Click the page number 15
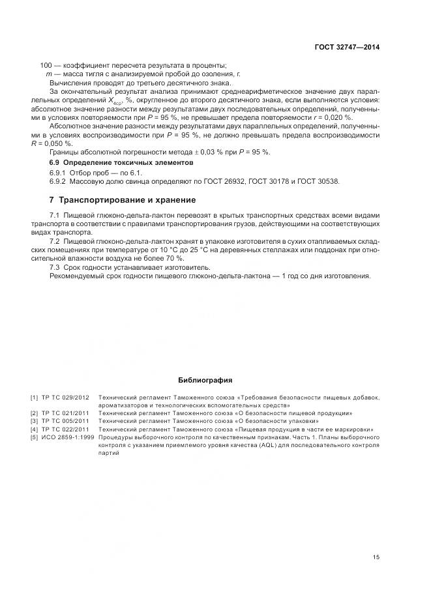point(376,557)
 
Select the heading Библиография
point(205,380)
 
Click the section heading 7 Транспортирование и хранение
point(123,199)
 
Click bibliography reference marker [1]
point(34,397)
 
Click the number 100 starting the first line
point(46,65)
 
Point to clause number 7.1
point(55,215)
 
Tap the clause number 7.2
point(55,241)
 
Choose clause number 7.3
point(55,267)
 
